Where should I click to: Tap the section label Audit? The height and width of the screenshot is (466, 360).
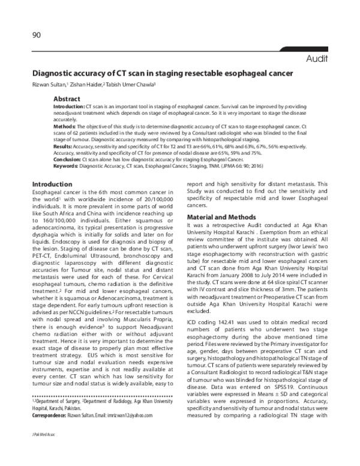tap(317, 58)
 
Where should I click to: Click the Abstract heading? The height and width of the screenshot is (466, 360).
tap(67, 98)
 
